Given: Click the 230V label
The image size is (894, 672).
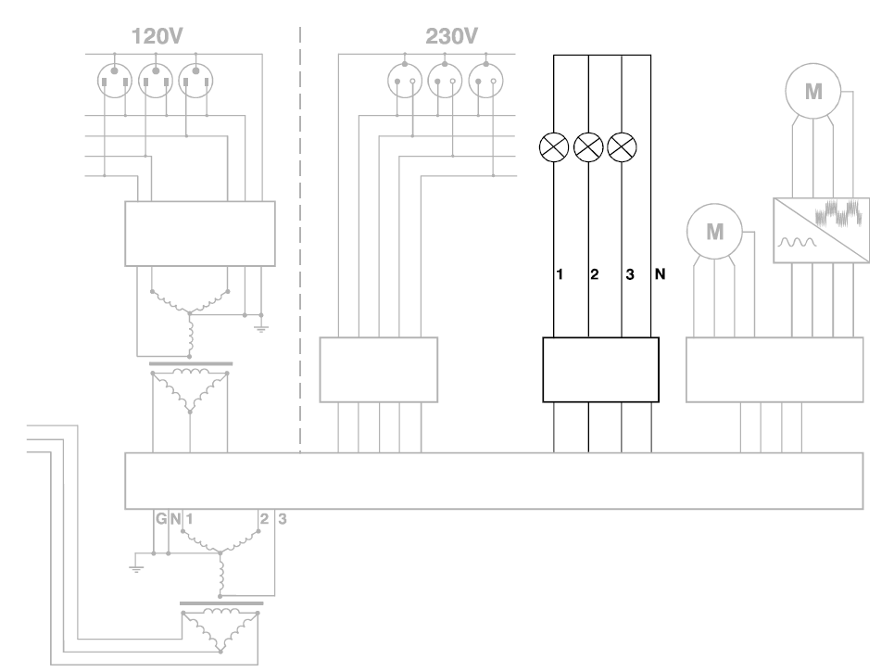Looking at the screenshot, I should [451, 38].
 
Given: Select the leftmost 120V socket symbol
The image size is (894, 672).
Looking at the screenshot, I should [115, 81].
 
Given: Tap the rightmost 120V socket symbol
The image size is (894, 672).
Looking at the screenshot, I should [196, 81].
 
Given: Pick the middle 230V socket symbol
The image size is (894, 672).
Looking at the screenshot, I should [446, 81].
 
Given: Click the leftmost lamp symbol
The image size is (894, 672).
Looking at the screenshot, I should [554, 146].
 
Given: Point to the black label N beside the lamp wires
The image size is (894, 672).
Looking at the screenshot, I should [661, 274].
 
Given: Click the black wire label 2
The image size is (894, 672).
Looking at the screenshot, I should [595, 274].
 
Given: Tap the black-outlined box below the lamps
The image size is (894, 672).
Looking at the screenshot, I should [600, 370].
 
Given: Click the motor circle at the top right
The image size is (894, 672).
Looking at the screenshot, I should [812, 92].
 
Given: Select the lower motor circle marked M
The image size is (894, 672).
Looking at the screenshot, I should [714, 231].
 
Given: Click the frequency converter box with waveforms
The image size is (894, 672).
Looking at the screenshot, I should [821, 231].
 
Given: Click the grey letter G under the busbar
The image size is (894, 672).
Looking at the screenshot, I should [161, 519].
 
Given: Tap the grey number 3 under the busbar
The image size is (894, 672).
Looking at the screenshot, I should [283, 519].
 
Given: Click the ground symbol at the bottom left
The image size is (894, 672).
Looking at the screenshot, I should [137, 566].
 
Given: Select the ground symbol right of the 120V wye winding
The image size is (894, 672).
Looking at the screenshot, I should [260, 327].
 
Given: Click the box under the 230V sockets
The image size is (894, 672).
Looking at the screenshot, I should [378, 370].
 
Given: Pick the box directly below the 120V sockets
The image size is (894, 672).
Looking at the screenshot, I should [200, 234].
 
